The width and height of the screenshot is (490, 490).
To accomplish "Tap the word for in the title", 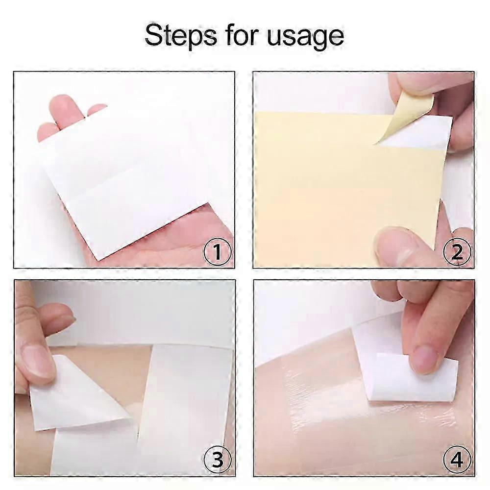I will [237, 36].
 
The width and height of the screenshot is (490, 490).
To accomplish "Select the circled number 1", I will [216, 253].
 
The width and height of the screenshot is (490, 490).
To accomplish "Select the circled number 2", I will [456, 253].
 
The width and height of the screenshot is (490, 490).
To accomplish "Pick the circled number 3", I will [216, 460].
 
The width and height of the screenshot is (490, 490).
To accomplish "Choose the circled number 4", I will [456, 460].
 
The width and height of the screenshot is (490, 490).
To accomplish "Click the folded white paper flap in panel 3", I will [78, 392].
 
